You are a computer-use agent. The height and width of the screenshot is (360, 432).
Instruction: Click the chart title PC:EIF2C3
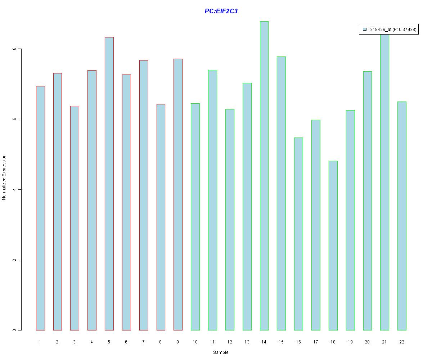click(221, 11)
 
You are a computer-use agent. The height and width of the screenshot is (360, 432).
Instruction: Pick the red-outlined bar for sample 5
click(109, 184)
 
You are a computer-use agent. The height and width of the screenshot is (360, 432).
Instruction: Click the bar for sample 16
click(298, 234)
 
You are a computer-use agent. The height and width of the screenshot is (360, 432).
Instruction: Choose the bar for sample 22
click(402, 216)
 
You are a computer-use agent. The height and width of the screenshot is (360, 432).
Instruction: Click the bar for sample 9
click(178, 194)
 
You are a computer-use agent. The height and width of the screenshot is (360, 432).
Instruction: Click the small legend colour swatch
click(365, 30)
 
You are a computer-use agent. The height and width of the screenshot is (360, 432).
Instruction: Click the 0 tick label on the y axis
click(14, 330)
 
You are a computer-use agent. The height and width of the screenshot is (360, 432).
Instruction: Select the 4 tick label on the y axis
click(14, 189)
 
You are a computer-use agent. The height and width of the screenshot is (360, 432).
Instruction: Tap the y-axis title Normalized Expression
click(4, 177)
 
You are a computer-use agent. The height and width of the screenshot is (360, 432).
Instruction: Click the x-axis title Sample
click(221, 352)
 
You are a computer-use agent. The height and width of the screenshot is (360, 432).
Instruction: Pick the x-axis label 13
click(247, 342)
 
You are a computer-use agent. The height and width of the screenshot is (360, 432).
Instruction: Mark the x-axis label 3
click(75, 342)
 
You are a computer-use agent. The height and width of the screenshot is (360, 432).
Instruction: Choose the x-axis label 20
click(367, 342)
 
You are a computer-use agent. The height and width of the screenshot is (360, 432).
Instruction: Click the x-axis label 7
click(143, 342)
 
